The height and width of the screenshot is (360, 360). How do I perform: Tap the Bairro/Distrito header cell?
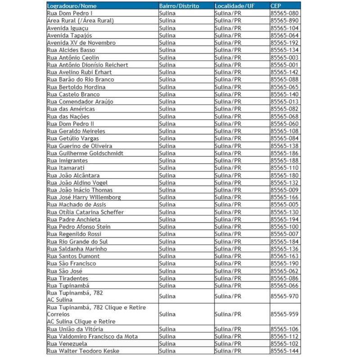point(179,6)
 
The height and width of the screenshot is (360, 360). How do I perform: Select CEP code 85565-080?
point(284,13)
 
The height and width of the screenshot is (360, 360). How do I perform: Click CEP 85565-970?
point(284,296)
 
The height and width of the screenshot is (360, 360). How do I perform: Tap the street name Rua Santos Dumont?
point(73,256)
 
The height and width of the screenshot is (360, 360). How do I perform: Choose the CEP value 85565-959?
point(284,314)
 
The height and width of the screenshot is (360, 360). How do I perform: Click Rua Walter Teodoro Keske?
point(84,351)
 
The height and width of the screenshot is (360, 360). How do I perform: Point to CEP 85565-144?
point(284,351)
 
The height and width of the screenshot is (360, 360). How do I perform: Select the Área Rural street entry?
point(80,21)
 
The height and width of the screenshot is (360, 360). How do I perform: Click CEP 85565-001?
point(284,65)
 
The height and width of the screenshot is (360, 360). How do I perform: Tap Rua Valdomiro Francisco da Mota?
point(92,336)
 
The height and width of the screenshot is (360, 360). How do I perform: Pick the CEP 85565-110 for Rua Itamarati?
point(284,168)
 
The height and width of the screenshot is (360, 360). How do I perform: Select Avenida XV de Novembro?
point(81,43)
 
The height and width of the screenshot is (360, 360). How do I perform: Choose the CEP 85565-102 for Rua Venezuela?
point(284,344)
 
